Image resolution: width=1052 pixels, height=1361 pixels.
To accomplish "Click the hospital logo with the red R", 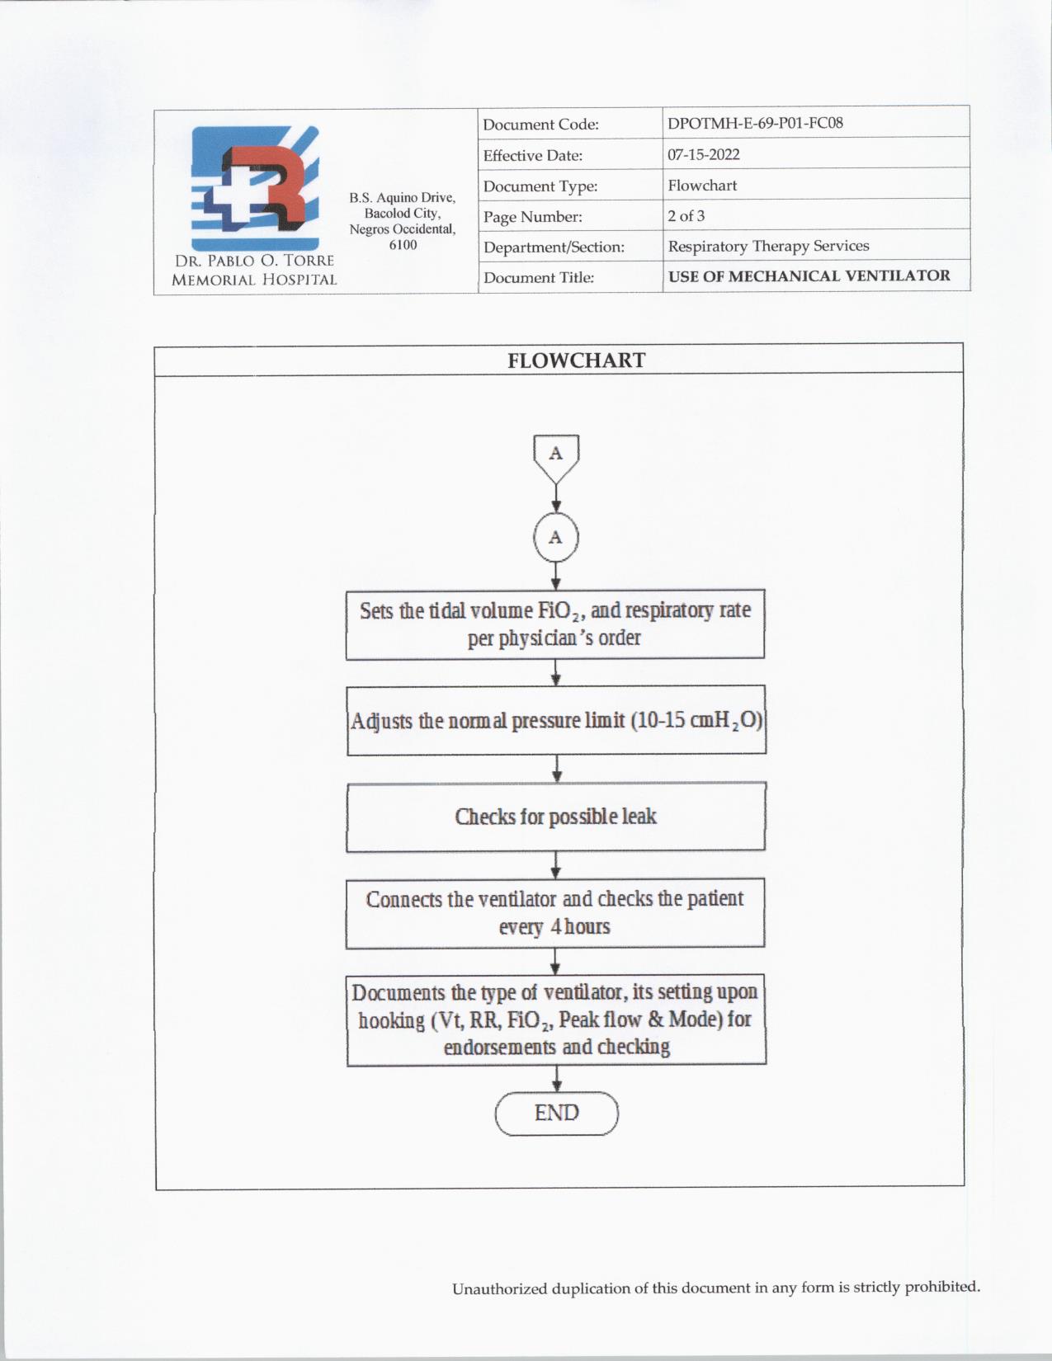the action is point(255,188).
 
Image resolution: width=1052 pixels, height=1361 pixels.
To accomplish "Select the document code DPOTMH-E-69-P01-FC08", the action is point(755,123).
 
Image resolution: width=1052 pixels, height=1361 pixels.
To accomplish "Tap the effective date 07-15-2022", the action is point(703,154).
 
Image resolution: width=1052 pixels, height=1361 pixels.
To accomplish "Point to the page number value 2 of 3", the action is point(686,215).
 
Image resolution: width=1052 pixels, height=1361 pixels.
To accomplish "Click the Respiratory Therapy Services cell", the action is point(768,246).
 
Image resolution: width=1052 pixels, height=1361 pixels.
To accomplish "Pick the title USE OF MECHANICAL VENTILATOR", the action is point(809,275).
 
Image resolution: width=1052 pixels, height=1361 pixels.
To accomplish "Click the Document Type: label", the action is point(540,186).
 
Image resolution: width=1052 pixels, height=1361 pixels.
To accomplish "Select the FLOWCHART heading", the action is point(576,360).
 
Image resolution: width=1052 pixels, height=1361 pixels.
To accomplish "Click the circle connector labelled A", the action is point(556,537).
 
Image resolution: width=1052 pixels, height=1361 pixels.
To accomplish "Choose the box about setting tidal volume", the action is point(555,624).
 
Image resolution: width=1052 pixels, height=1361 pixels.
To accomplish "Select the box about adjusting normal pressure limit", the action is point(556,720).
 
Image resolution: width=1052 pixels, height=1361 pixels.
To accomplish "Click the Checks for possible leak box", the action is point(556,817).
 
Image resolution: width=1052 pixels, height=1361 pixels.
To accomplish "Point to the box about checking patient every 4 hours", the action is point(555,912).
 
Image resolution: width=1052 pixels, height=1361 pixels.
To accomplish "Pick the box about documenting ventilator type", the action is point(556,1020).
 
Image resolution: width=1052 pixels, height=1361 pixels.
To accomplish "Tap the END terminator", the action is point(556,1113).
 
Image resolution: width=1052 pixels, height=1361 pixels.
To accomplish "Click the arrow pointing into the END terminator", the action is point(556,1079).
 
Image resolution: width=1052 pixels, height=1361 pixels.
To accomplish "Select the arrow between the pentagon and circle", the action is point(556,499).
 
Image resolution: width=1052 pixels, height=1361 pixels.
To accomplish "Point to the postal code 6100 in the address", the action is point(403,245).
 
